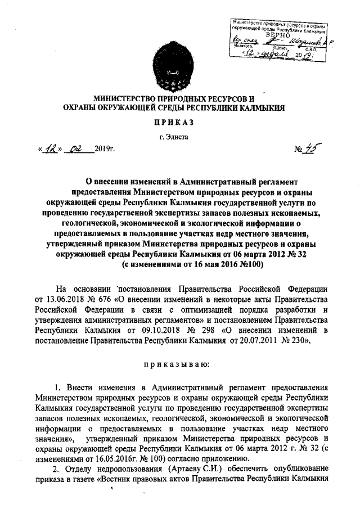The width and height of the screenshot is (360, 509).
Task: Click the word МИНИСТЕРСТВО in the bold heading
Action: [x=128, y=98]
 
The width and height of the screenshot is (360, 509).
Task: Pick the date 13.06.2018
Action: [x=69, y=298]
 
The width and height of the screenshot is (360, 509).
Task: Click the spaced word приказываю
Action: [x=180, y=366]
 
